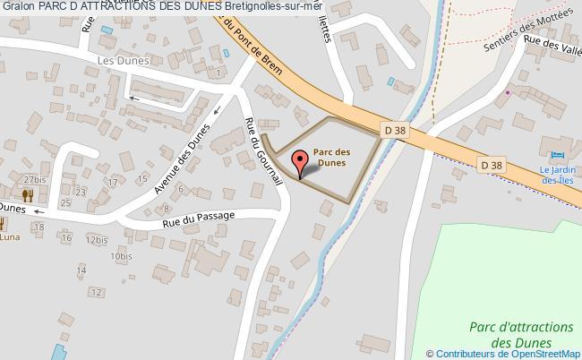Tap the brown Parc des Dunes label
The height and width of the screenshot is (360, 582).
click(x=331, y=158)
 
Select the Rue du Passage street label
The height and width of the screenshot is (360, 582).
click(x=198, y=217)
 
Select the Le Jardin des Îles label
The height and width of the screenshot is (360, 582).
click(x=555, y=176)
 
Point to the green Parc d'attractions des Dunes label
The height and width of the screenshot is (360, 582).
click(x=513, y=335)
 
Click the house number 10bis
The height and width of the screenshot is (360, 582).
click(x=121, y=256)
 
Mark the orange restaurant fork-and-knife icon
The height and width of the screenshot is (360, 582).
click(x=28, y=193)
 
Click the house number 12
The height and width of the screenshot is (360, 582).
click(x=95, y=292)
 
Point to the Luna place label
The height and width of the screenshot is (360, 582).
click(x=11, y=237)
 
